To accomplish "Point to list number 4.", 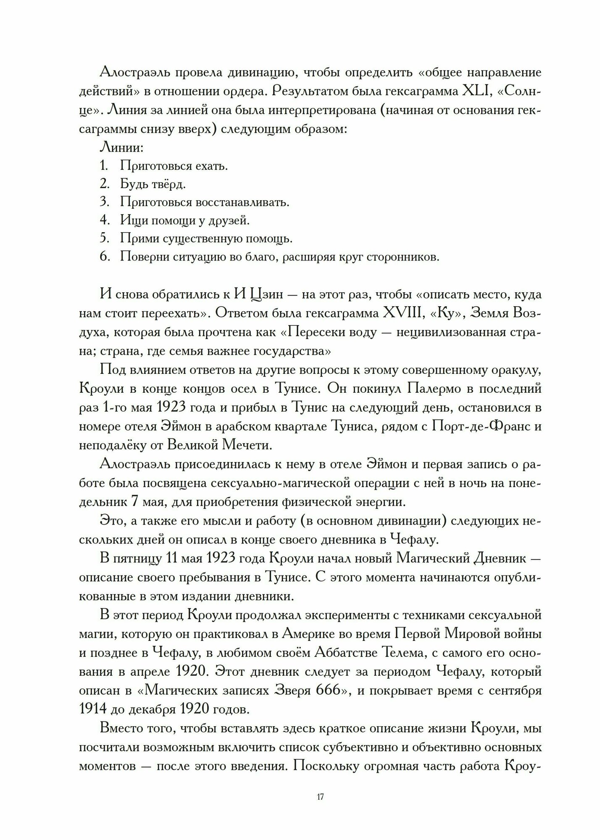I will point(104,220).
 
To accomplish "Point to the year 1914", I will point(93,709).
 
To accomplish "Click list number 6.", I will point(104,256).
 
